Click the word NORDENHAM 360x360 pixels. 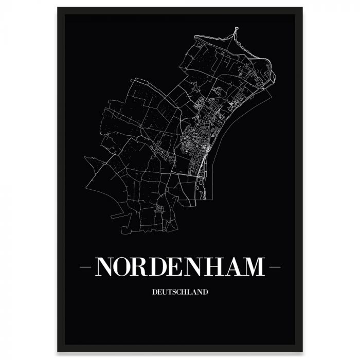[x=180, y=266]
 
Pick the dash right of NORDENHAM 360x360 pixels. [x=274, y=267]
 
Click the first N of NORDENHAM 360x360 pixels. [x=105, y=266]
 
